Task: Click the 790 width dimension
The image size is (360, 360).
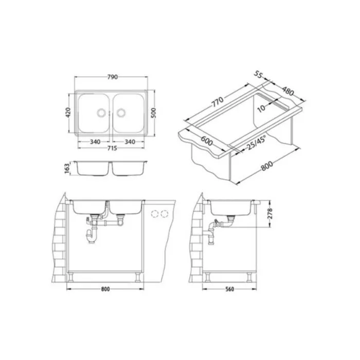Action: [113, 77]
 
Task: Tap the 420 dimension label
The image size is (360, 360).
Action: [68, 113]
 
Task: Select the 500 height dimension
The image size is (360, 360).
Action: [154, 113]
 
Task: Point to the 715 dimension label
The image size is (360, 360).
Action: [112, 148]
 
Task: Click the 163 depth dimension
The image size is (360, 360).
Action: [67, 168]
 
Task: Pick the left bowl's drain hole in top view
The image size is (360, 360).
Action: [101, 113]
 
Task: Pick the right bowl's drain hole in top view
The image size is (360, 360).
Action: [121, 113]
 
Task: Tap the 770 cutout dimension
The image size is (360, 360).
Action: [217, 102]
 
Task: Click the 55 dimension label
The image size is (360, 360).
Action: [258, 75]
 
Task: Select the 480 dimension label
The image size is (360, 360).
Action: [288, 91]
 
